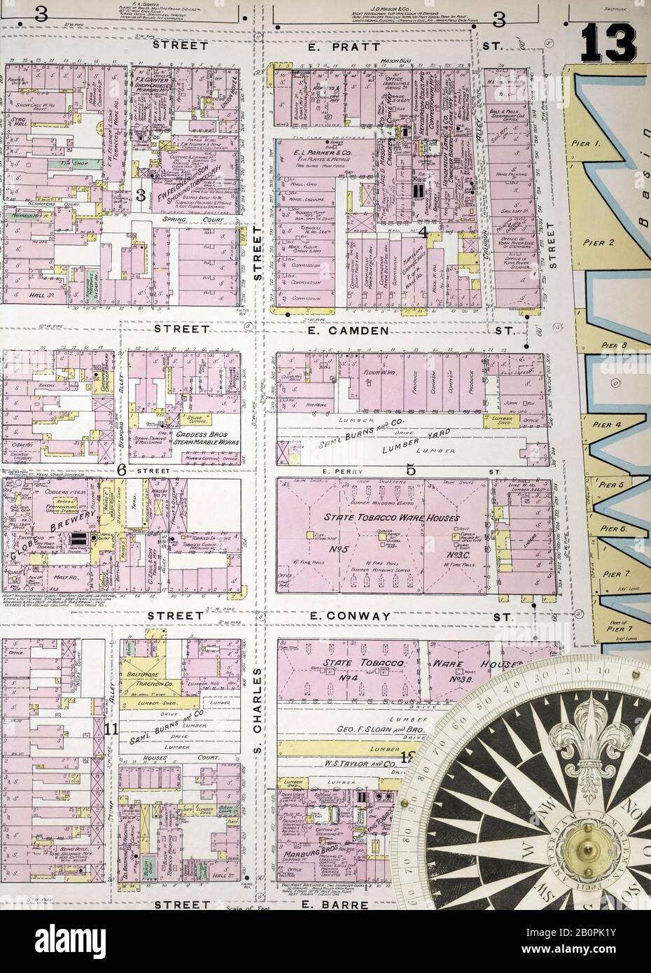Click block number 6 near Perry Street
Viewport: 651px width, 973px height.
tap(121, 470)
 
